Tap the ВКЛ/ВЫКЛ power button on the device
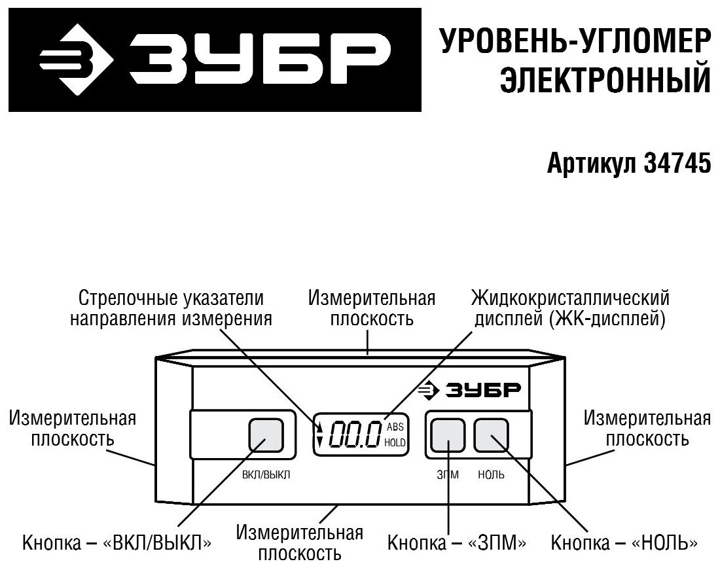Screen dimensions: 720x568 point(266,435)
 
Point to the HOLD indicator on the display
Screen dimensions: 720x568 point(395,443)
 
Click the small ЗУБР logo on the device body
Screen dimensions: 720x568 point(471,391)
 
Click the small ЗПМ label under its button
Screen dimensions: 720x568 point(448,475)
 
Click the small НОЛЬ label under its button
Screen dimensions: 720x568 point(492,475)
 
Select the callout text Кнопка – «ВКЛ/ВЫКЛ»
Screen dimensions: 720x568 point(117,542)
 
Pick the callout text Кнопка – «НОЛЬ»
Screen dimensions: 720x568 point(624,542)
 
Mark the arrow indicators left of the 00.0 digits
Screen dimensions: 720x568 point(319,435)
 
